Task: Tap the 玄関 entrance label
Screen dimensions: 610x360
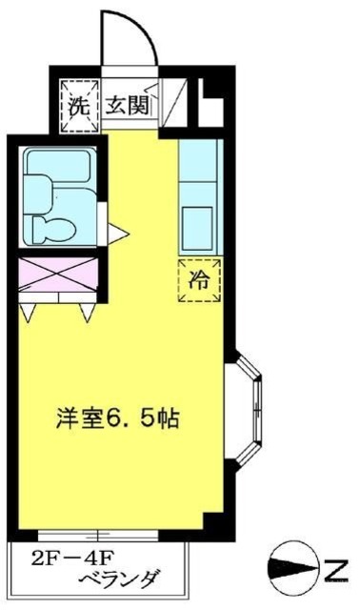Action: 127,104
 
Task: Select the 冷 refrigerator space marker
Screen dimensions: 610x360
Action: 198,279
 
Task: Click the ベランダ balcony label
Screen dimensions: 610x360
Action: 118,579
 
